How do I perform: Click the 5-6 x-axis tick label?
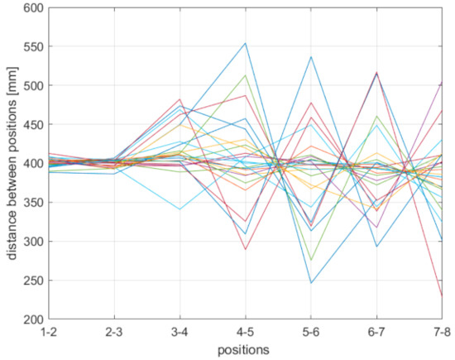tap(310, 332)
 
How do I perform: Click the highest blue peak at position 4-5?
tap(246, 43)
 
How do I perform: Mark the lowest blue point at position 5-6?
tap(310, 283)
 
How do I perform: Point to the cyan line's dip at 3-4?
tap(180, 209)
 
